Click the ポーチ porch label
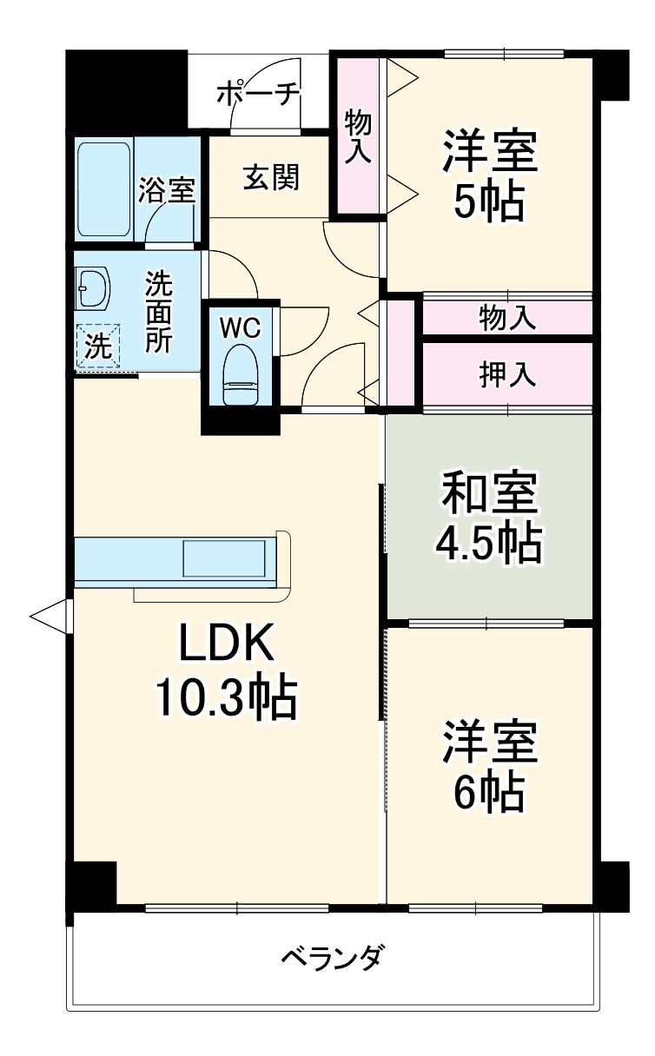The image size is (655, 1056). point(257,92)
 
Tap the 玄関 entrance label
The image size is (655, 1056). point(270,177)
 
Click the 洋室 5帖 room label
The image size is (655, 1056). point(490,175)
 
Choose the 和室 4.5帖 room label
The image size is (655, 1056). point(488,518)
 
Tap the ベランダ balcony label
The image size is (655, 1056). point(331,959)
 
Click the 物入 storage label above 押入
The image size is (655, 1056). point(507,319)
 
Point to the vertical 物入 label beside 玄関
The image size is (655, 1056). point(358,135)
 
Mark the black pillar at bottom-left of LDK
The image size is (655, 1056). point(92,884)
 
